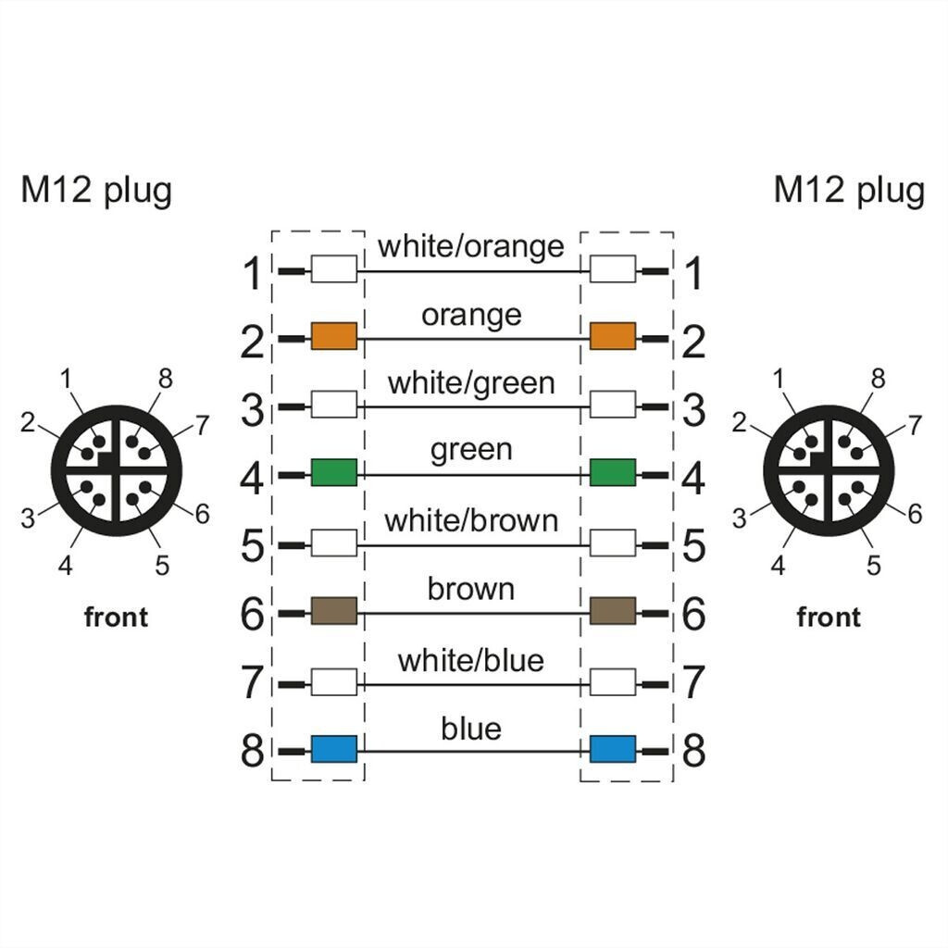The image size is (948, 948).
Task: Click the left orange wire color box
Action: pyautogui.click(x=333, y=336)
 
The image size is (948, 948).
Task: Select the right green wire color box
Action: pyautogui.click(x=612, y=472)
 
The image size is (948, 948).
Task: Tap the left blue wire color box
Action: pyautogui.click(x=333, y=748)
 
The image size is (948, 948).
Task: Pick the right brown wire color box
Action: pyautogui.click(x=612, y=610)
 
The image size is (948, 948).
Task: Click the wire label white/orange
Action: pyautogui.click(x=470, y=246)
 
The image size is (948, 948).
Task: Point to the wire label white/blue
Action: pyautogui.click(x=470, y=660)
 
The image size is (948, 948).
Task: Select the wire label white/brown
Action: pyautogui.click(x=470, y=520)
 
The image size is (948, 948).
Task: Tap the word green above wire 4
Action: pyautogui.click(x=470, y=450)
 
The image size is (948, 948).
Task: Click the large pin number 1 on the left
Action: pyautogui.click(x=252, y=275)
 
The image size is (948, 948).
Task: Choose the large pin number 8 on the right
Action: pyautogui.click(x=693, y=751)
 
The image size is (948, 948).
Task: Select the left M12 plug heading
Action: pyautogui.click(x=96, y=191)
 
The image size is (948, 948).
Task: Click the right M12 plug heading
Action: pyautogui.click(x=848, y=191)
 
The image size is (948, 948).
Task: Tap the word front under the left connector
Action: pyautogui.click(x=116, y=617)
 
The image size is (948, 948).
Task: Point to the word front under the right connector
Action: pyautogui.click(x=828, y=617)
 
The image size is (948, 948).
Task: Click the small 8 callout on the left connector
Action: pyautogui.click(x=166, y=378)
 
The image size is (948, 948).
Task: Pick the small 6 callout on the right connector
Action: pyautogui.click(x=915, y=514)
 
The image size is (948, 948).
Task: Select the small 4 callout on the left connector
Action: pyautogui.click(x=65, y=565)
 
